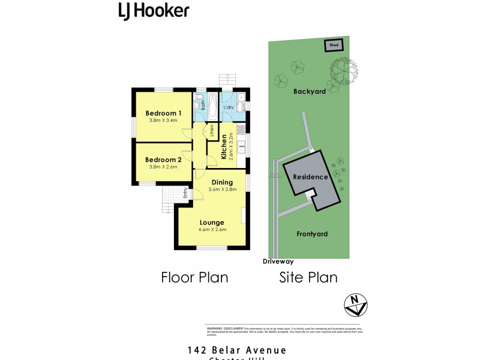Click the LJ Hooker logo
(153, 10)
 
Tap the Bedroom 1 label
(163, 113)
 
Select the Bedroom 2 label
(163, 160)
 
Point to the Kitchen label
(223, 147)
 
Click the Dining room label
(222, 182)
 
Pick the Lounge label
(212, 222)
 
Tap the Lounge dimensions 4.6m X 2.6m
(212, 230)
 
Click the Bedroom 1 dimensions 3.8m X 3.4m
(163, 121)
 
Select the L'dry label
(228, 107)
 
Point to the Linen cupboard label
(212, 130)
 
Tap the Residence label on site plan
(310, 177)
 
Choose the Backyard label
(310, 92)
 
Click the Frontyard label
(313, 234)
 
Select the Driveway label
(278, 262)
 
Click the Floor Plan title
(194, 278)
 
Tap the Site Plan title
(308, 278)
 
